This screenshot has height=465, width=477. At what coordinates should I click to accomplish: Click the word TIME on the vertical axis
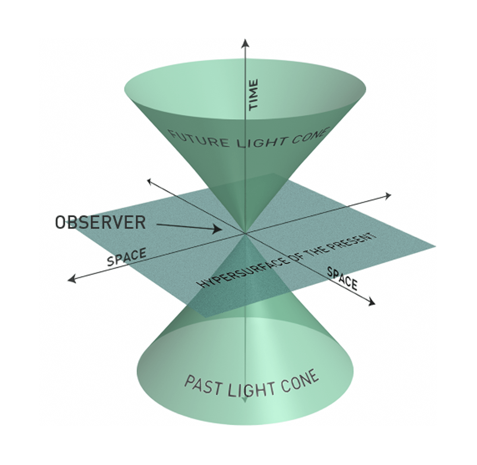coord(253,94)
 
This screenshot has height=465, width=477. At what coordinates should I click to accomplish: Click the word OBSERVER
coord(100,223)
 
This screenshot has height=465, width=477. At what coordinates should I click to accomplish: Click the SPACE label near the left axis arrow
coord(126,257)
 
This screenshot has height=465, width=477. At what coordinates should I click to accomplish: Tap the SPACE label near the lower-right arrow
coord(342,278)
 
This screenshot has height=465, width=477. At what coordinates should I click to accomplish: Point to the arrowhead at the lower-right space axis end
coord(372,303)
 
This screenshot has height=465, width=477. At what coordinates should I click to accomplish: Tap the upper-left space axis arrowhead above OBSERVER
coord(149,181)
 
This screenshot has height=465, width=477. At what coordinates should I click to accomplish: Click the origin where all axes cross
coord(245,234)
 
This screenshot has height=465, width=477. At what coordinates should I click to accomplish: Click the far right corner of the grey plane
coord(435,247)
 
